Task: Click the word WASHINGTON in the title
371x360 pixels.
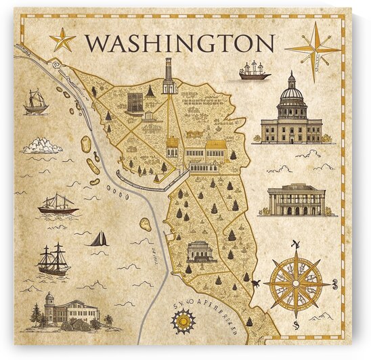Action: point(180,43)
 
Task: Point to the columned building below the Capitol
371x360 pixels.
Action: point(297,200)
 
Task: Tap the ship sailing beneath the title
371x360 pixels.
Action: point(255,71)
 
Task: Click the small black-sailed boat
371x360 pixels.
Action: point(99,238)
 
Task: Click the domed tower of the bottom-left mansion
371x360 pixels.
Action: point(49,300)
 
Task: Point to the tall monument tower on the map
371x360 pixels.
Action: point(168,76)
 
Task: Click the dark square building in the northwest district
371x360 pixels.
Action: point(134,103)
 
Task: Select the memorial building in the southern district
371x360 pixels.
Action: point(200,251)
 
